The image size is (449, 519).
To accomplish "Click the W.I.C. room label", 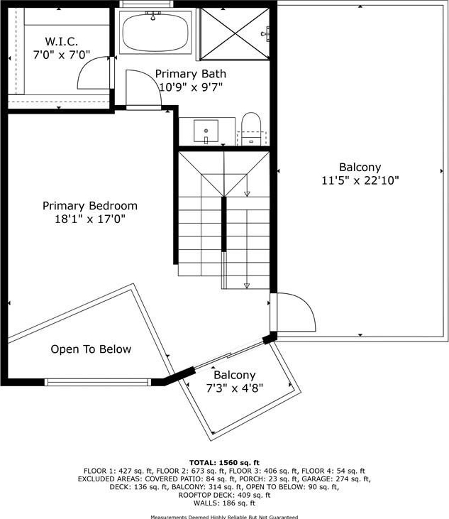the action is tap(62, 42).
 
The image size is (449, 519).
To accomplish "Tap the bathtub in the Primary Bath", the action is tap(155, 33).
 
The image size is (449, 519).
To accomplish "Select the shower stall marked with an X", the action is tap(235, 34).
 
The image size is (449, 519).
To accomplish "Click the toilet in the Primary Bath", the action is tap(251, 129).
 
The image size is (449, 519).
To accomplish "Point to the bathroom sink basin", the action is tap(206, 131).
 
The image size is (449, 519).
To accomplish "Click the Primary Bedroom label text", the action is tap(90, 206).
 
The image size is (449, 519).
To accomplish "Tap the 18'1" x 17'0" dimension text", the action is tap(90, 219).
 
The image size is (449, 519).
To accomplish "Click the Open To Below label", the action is tap(91, 349).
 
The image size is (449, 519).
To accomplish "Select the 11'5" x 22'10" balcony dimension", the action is tap(360, 180).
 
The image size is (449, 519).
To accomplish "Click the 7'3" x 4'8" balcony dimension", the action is tap(235, 388).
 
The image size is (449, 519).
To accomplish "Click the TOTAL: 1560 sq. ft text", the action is tap(224, 463).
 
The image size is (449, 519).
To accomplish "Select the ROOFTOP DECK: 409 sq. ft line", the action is tap(224, 495).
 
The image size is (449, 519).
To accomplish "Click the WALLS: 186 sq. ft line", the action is tap(224, 503).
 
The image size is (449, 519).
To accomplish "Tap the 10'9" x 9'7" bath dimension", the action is tap(191, 87).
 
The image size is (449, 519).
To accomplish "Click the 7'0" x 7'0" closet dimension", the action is tap(62, 55).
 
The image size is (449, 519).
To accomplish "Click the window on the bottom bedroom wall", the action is tap(98, 382).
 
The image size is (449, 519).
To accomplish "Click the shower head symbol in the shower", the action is tap(265, 34).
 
